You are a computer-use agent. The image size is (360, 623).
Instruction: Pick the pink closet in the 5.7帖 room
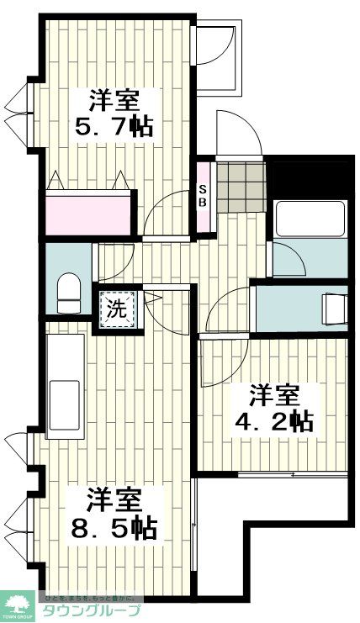89,213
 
